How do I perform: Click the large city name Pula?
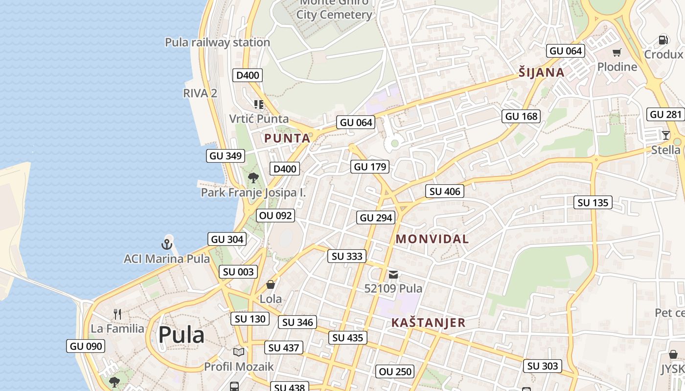point(181,335)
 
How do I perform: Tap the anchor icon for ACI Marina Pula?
point(167,243)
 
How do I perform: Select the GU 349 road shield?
point(226,156)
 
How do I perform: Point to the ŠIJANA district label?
point(541,73)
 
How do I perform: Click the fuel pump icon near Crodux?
point(663,40)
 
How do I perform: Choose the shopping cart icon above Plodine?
point(617,52)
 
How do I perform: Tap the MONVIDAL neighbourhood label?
point(432,239)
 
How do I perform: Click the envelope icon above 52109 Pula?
point(393,275)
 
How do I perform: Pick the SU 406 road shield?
point(445,192)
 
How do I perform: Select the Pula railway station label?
point(217,43)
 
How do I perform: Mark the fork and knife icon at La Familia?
point(117,314)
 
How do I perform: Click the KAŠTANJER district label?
point(428,323)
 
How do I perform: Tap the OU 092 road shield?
point(275,216)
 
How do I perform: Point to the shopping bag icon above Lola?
point(271,284)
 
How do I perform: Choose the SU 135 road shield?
point(593,202)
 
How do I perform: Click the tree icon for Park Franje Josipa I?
point(253,178)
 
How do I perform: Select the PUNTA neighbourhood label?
point(287,138)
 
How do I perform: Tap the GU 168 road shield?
point(522,116)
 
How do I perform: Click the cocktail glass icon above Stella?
point(665,135)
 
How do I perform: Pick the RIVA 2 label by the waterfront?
point(200,93)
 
